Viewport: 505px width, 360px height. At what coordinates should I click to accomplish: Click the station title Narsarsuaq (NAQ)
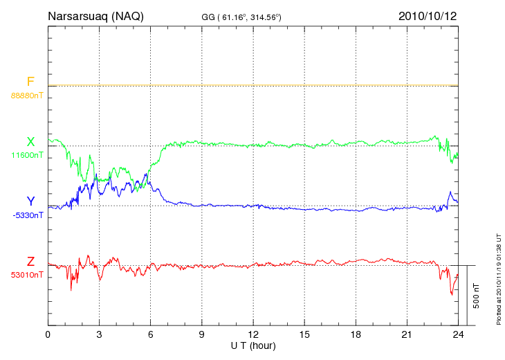point(95,15)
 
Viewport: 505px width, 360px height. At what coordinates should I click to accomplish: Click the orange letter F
point(30,82)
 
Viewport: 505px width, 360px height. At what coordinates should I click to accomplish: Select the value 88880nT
point(27,95)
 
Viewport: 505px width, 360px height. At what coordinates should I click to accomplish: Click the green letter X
point(30,142)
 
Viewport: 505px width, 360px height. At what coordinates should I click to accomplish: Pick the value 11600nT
point(27,155)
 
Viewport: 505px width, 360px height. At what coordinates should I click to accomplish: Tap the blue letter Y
point(30,201)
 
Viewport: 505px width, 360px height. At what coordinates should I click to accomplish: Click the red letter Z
point(30,262)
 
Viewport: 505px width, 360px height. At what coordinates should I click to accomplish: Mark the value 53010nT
point(27,275)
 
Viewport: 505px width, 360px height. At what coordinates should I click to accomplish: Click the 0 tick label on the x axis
point(48,334)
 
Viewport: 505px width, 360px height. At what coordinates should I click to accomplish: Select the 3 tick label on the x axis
point(99,334)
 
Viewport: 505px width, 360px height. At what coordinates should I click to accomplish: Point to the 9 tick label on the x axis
point(201,334)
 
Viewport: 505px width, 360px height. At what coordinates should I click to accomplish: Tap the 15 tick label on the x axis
point(304,334)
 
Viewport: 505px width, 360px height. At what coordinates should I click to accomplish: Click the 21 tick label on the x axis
point(407,334)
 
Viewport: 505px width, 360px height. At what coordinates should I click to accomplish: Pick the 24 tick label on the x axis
point(458,334)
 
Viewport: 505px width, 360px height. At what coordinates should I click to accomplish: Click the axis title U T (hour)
point(253,345)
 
